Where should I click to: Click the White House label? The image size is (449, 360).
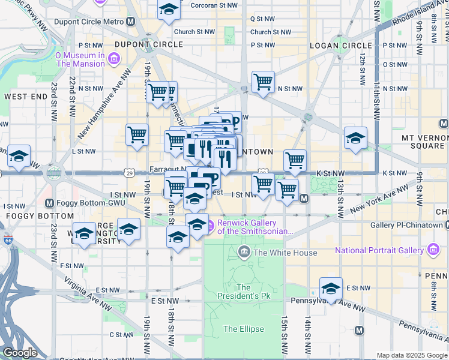285,253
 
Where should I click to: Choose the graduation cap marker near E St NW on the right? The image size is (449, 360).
331,288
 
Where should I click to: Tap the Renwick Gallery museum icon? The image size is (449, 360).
210,226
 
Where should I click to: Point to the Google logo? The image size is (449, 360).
20,353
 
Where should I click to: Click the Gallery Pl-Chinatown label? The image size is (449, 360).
406,225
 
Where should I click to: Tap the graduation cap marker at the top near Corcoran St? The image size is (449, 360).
169,8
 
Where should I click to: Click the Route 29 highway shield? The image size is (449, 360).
129,173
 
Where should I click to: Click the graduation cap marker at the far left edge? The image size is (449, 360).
19,157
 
